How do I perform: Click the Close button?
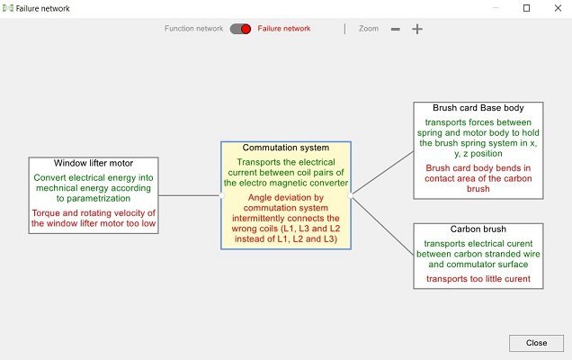[536, 343]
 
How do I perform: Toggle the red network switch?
[240, 29]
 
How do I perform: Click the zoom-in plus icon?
[417, 29]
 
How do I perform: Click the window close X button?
[558, 8]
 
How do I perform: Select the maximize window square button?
[526, 8]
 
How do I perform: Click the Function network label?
[193, 29]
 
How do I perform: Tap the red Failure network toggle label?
[284, 29]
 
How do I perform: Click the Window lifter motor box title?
[94, 163]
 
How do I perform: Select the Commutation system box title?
[286, 148]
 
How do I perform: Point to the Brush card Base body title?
[478, 108]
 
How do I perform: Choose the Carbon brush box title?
[478, 229]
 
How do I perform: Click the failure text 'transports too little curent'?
[478, 279]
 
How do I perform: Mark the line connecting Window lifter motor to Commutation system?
[190, 195]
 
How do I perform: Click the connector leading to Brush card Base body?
[382, 174]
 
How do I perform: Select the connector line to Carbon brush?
[382, 225]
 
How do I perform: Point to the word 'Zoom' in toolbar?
[369, 29]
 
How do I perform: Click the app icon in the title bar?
[8, 8]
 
